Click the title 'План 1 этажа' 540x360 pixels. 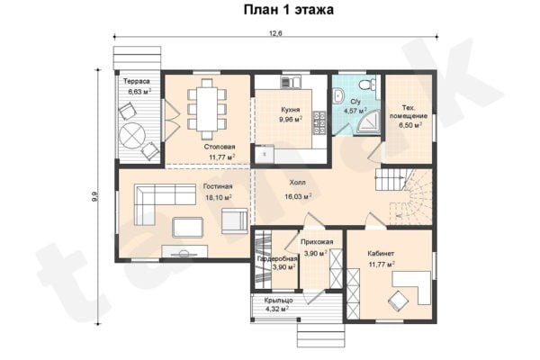[x=289, y=9]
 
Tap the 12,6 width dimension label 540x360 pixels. [x=275, y=33]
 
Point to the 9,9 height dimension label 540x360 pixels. [x=94, y=197]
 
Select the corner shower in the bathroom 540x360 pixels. [x=367, y=122]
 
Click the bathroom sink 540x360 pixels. [x=338, y=94]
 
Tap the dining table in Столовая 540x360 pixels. [x=207, y=109]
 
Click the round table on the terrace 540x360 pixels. [x=133, y=135]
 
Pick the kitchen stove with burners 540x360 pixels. [x=319, y=122]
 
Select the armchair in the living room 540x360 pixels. [x=234, y=220]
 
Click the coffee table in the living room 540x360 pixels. [x=187, y=228]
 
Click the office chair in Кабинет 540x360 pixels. [x=398, y=301]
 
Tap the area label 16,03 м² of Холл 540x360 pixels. [x=298, y=196]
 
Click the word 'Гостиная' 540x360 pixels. [x=218, y=186]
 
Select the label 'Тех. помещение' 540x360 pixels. [x=409, y=112]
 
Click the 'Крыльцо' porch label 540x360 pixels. [x=279, y=301]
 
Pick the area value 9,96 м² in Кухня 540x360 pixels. [x=291, y=120]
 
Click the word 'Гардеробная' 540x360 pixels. [x=277, y=258]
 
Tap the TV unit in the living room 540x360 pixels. [x=184, y=251]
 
